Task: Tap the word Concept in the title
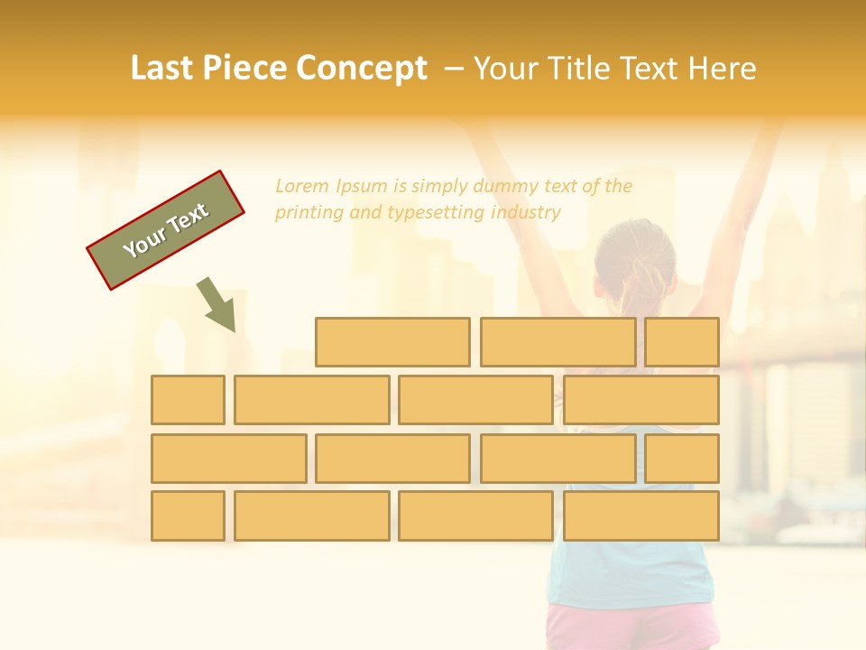[x=362, y=69]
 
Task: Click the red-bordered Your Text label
[x=166, y=230]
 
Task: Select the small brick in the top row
[x=682, y=342]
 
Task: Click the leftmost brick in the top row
[x=392, y=342]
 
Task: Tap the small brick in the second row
[x=188, y=400]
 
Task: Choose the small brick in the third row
[x=682, y=459]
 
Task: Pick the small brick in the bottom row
[x=188, y=516]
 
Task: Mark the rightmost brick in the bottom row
[x=641, y=516]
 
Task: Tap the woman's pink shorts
[x=631, y=627]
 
